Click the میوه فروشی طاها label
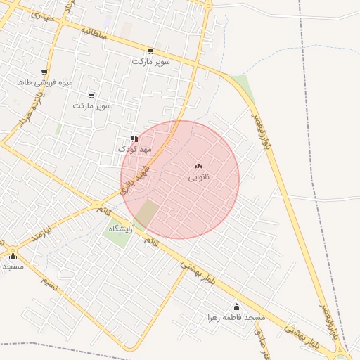pyautogui.click(x=45, y=83)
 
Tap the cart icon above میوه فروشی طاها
pyautogui.click(x=44, y=72)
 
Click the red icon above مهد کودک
pyautogui.click(x=134, y=139)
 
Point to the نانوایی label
pyautogui.click(x=198, y=177)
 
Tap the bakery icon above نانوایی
pyautogui.click(x=198, y=167)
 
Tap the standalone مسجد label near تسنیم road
pyautogui.click(x=13, y=266)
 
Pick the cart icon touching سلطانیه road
pyautogui.click(x=150, y=51)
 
